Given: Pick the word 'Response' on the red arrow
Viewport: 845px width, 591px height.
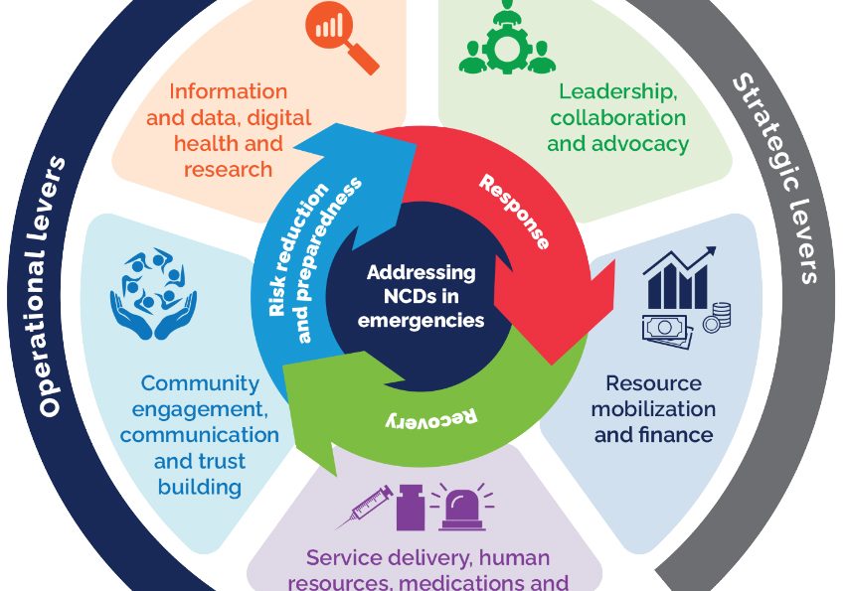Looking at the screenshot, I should coord(513,211).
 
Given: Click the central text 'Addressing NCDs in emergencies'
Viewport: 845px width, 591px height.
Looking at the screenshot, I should coord(422,296).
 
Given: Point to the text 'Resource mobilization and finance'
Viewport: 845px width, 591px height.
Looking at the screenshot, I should coord(653,409).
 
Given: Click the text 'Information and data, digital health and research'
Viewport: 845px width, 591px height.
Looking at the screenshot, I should coord(229,130).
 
